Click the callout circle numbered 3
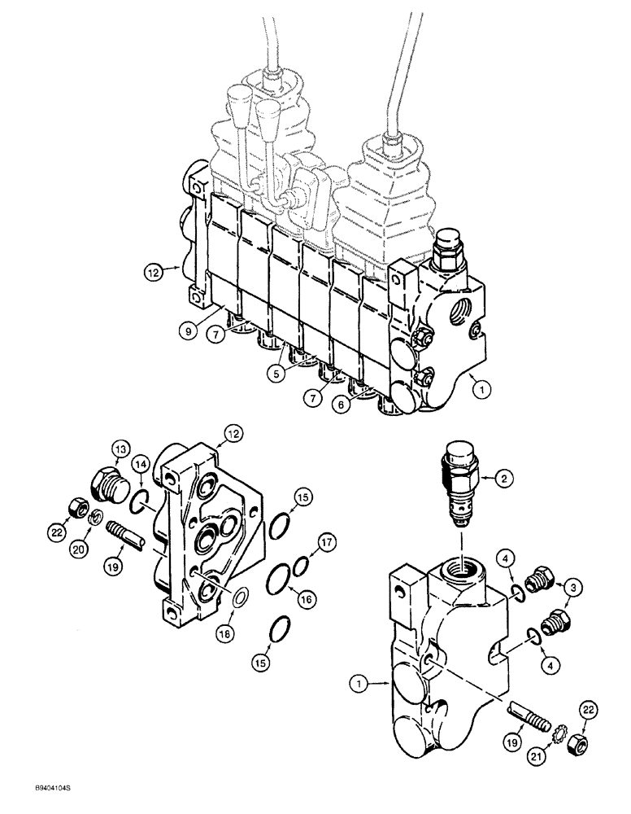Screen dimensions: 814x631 point(573,585)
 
